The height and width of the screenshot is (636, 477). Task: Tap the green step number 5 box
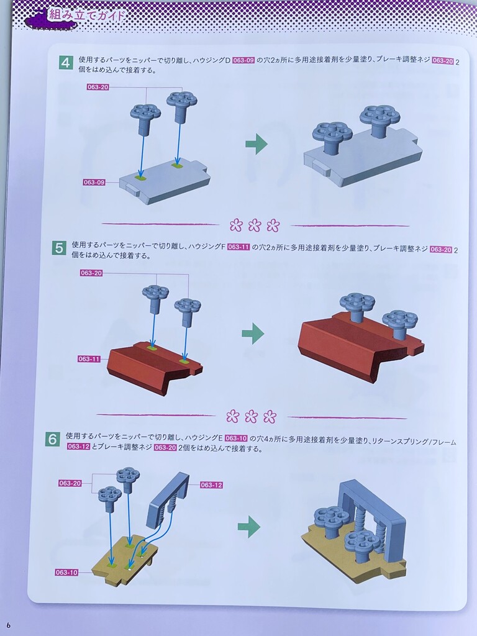(59, 248)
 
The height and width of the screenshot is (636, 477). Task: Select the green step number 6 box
(53, 439)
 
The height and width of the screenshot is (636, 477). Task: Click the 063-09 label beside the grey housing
(94, 183)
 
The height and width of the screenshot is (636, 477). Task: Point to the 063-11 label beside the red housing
(89, 359)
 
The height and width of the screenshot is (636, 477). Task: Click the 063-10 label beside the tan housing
(66, 572)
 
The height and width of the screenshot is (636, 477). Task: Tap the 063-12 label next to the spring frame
(211, 484)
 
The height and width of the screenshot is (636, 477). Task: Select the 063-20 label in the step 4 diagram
(98, 87)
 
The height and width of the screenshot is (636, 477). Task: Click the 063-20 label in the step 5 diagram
(91, 273)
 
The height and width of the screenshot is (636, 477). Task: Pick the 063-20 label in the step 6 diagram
(70, 483)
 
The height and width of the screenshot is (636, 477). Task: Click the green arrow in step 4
(257, 143)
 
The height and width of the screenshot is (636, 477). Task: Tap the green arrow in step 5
(253, 334)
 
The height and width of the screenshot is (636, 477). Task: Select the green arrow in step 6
(248, 527)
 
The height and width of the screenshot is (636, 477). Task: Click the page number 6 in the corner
(8, 625)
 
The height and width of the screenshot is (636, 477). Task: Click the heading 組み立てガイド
(86, 16)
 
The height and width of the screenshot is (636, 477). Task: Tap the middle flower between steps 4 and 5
(254, 225)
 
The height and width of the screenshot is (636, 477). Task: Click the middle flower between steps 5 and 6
(251, 416)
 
